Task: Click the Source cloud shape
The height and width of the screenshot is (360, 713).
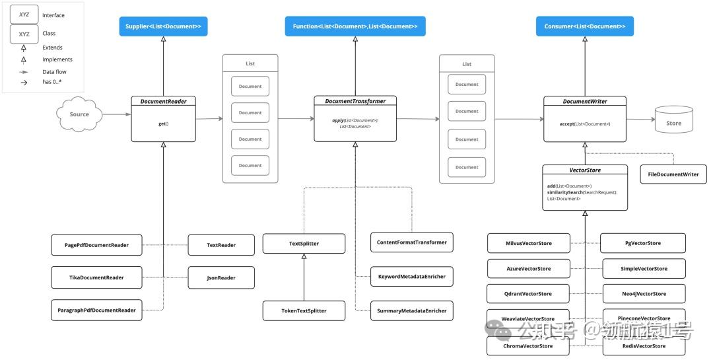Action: (x=79, y=115)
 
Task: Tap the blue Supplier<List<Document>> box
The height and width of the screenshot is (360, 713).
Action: (x=164, y=26)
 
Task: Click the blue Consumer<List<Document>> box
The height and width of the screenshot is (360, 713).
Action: (x=584, y=26)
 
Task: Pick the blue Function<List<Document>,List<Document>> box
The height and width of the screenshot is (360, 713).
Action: (x=355, y=26)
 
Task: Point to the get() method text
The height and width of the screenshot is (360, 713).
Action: (x=163, y=124)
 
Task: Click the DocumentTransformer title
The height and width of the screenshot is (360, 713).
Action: (x=355, y=101)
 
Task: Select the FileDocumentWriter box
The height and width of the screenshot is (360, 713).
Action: (x=673, y=174)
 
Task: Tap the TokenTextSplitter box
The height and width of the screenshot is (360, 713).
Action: (x=304, y=310)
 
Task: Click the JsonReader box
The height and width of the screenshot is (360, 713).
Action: (x=221, y=278)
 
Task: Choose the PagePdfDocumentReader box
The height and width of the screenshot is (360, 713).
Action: (x=96, y=245)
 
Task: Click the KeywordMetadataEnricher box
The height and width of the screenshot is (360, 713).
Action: (x=411, y=277)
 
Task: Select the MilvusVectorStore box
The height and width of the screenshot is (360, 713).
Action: (x=528, y=243)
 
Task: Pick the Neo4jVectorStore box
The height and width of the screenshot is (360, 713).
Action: (x=644, y=293)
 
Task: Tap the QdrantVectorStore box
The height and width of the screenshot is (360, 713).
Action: (x=527, y=293)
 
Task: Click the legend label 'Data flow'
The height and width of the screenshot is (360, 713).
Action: (x=54, y=71)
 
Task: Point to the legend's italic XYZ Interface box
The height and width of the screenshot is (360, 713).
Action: (x=24, y=15)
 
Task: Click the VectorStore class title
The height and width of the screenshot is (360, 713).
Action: (x=585, y=170)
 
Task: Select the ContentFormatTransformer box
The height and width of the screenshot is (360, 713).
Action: (x=411, y=242)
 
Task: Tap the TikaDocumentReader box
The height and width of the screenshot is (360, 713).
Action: (x=96, y=277)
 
